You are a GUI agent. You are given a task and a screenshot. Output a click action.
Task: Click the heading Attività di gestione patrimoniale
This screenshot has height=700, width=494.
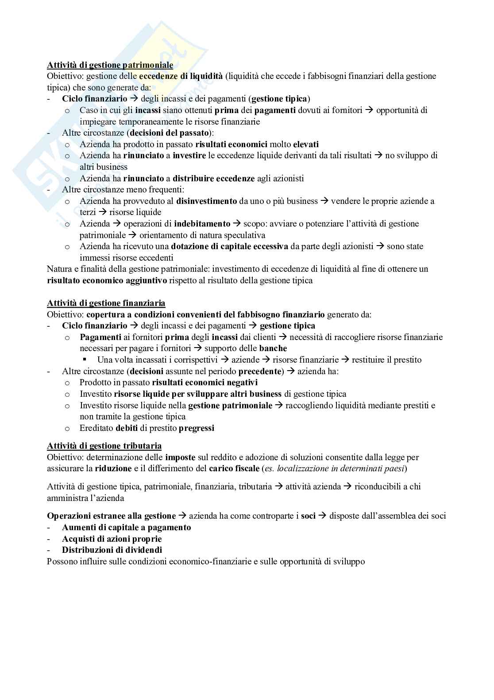pyautogui.click(x=110, y=65)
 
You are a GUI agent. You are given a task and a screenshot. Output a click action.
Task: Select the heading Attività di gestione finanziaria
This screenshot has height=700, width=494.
pyautogui.click(x=106, y=303)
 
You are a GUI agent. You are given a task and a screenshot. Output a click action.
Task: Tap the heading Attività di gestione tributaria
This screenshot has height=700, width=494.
pyautogui.click(x=104, y=446)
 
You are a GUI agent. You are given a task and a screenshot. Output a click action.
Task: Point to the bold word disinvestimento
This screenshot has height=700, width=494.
pyautogui.click(x=206, y=201)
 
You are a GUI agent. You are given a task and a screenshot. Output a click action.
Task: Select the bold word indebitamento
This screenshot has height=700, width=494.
pyautogui.click(x=202, y=224)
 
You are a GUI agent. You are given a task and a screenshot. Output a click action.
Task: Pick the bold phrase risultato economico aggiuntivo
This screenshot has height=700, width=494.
pyautogui.click(x=107, y=281)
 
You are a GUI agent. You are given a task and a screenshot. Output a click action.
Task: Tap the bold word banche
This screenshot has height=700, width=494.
pyautogui.click(x=273, y=348)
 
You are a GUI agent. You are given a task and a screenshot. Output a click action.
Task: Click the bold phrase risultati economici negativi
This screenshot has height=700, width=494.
pyautogui.click(x=205, y=383)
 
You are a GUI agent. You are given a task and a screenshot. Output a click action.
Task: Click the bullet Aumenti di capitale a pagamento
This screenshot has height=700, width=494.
pyautogui.click(x=126, y=528)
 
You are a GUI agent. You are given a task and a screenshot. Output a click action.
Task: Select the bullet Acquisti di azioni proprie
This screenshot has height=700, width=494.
pyautogui.click(x=112, y=539)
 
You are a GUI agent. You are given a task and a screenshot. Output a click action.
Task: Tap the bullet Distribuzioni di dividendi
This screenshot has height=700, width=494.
pyautogui.click(x=112, y=550)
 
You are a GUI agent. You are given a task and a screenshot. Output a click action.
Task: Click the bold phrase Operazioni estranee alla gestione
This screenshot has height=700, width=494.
pyautogui.click(x=111, y=516)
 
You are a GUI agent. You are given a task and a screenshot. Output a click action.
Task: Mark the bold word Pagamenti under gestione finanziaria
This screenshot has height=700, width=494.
pyautogui.click(x=100, y=337)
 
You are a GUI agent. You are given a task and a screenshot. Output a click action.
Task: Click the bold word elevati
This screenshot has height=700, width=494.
pyautogui.click(x=305, y=145)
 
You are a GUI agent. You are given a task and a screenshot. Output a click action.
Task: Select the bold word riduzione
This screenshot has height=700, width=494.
pyautogui.click(x=113, y=469)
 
